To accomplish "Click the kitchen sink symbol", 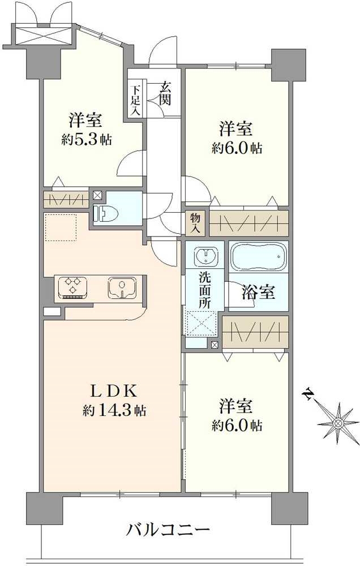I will point(121,288).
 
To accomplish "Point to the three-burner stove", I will point(72,286).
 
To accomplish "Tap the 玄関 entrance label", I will point(166,93).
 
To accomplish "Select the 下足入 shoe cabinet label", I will point(135,101).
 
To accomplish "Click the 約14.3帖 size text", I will point(114,411).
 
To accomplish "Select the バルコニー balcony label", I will point(168,530).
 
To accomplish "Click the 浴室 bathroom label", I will point(259,293).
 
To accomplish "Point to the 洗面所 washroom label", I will point(204,290).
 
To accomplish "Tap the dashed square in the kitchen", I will point(60,228).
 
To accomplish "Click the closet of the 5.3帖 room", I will point(66,199).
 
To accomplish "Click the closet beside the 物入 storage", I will point(248,223).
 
